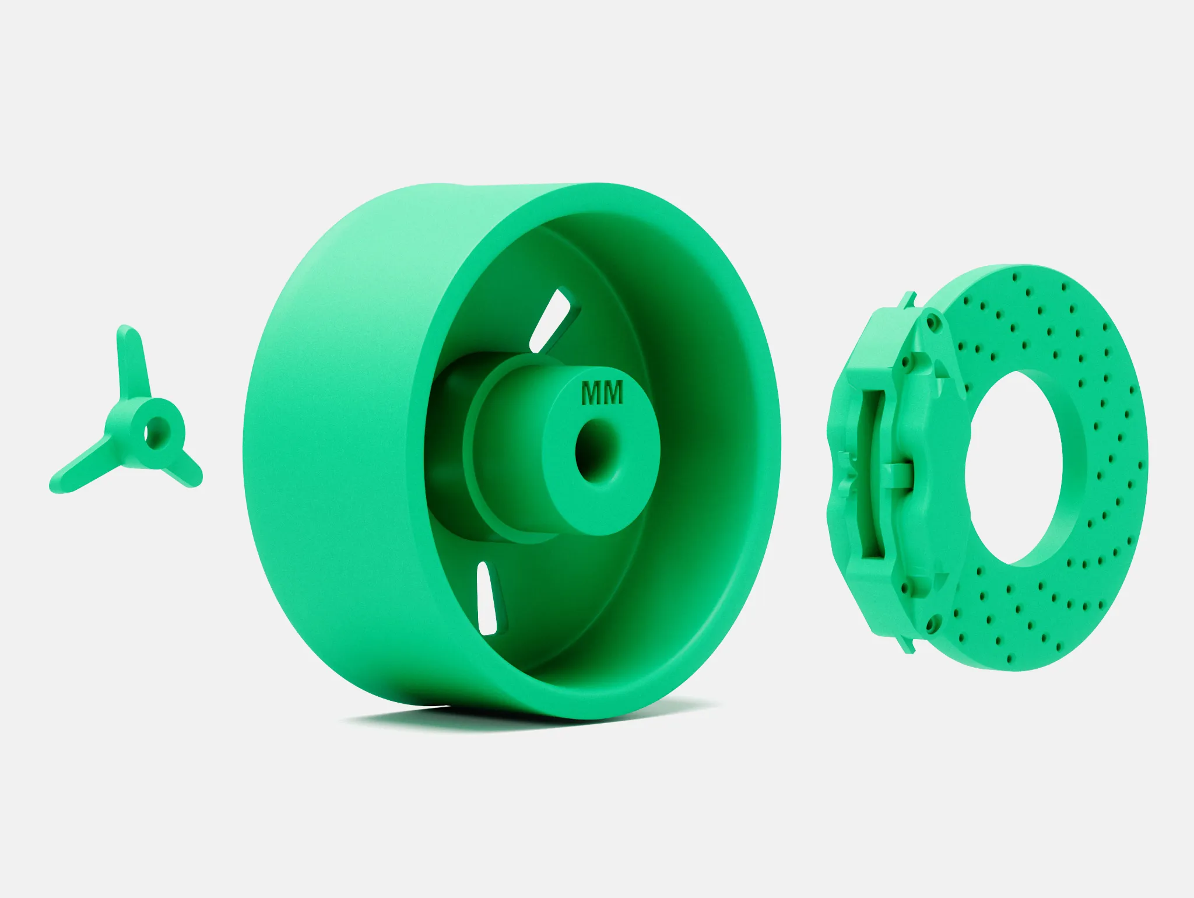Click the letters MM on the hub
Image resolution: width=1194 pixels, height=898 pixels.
click(x=602, y=392)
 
